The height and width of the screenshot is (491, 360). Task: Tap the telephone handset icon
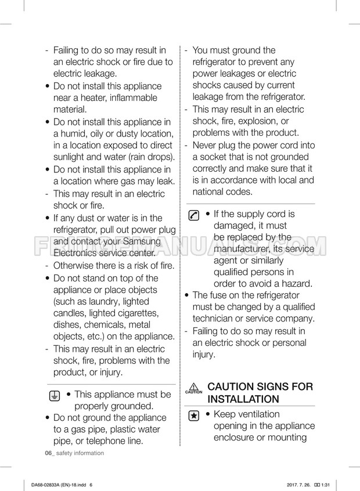tap(194, 215)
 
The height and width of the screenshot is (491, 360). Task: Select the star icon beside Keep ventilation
tap(194, 416)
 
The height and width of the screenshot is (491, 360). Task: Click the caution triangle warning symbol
tap(194, 387)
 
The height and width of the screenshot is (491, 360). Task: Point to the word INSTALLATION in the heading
tap(243, 399)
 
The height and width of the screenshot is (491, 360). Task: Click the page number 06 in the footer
tap(48, 453)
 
